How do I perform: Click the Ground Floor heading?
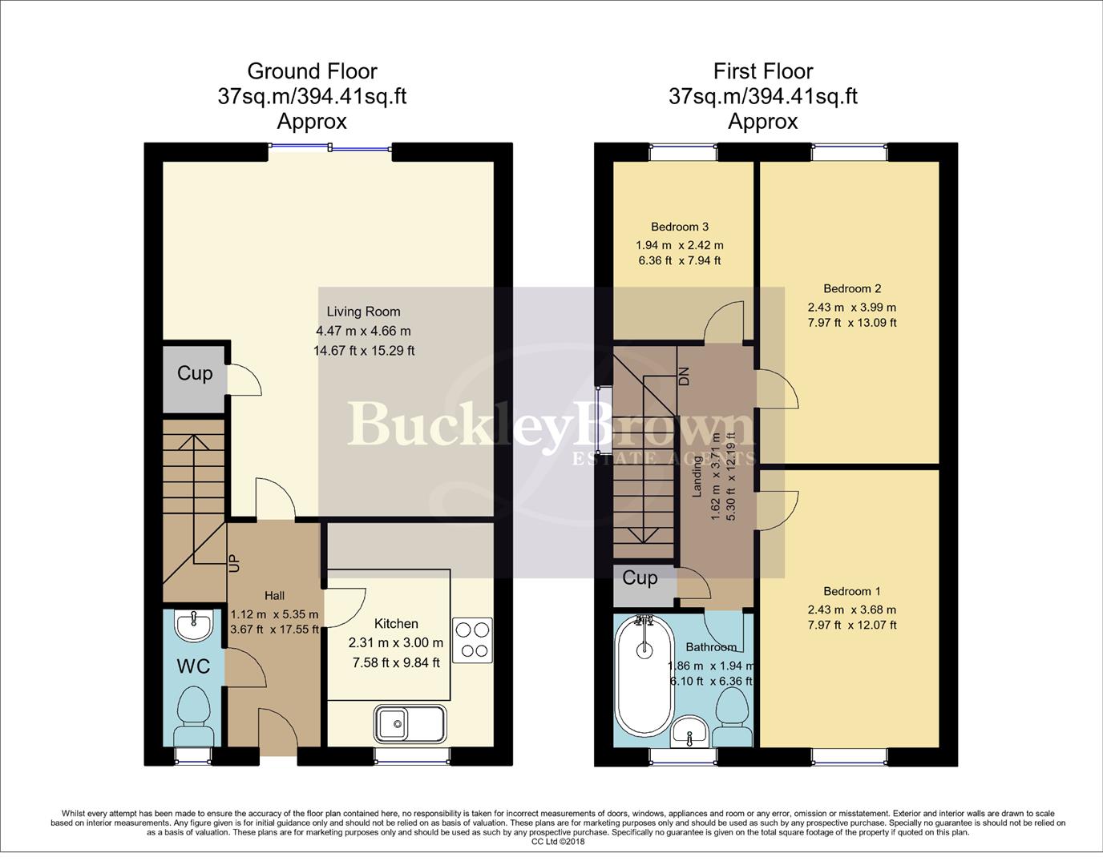(312, 71)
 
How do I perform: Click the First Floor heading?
(762, 71)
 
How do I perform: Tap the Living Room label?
(363, 312)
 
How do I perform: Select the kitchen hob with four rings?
(472, 640)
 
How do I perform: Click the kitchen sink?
(409, 724)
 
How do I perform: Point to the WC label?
(193, 666)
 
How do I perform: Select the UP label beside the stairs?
(234, 563)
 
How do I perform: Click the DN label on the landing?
(684, 376)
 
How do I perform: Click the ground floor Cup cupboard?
(195, 373)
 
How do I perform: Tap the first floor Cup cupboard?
(640, 578)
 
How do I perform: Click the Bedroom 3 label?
(679, 227)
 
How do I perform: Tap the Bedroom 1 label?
(851, 591)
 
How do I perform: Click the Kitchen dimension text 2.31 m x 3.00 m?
(396, 642)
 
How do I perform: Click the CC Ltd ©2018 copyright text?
(558, 842)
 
